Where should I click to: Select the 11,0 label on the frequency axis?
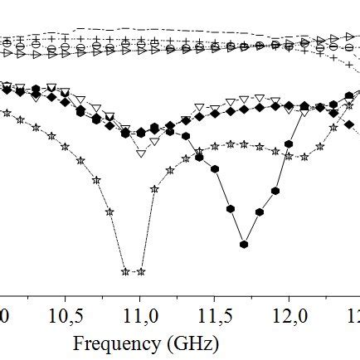[139, 318]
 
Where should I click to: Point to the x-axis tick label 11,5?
[213, 318]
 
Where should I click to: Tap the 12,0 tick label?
[288, 318]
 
